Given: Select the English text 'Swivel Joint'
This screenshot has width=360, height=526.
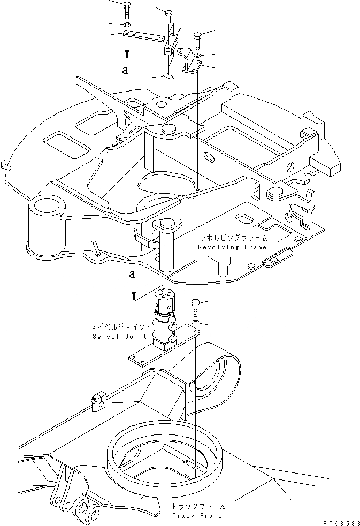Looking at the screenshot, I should point(109,336).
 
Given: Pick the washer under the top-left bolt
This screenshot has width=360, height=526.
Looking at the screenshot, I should point(127,25).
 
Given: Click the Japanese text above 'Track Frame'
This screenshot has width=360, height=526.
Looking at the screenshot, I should point(199,506).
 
